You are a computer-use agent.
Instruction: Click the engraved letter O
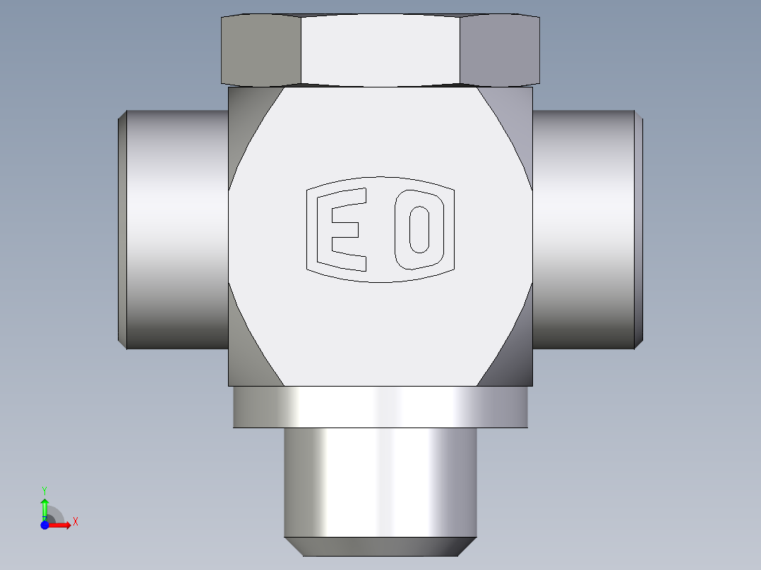tap(402, 229)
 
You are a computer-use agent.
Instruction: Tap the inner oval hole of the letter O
tap(419, 229)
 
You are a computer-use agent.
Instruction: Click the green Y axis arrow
tap(44, 509)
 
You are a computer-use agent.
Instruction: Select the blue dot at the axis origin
tap(44, 525)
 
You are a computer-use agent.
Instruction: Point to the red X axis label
tap(76, 522)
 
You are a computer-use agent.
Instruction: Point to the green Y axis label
tap(44, 491)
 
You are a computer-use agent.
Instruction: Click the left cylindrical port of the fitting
tap(173, 229)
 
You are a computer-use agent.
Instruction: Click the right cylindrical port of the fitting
tap(588, 229)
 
